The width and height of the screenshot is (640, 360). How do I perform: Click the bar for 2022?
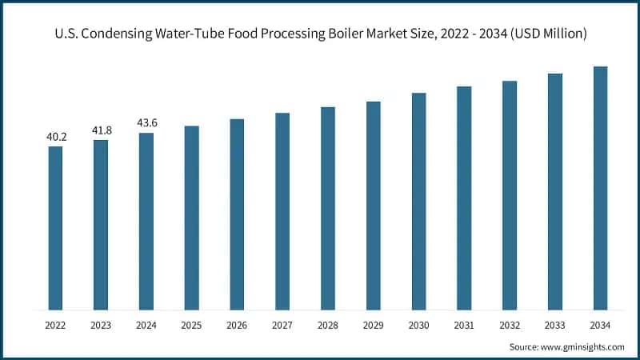click(55, 228)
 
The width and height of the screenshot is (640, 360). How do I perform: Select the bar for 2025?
click(191, 218)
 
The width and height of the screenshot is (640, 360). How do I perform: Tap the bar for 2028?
click(327, 208)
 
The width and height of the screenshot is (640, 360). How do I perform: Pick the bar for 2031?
click(464, 198)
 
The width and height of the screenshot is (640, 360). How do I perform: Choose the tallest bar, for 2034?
click(600, 188)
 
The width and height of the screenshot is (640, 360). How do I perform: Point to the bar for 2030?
click(418, 201)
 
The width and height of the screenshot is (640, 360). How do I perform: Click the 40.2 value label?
click(56, 137)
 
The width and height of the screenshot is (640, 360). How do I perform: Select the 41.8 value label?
click(101, 130)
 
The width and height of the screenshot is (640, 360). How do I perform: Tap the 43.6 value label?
click(146, 123)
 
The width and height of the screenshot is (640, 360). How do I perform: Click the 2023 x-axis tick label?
click(101, 326)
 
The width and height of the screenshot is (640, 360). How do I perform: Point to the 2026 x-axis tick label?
click(237, 326)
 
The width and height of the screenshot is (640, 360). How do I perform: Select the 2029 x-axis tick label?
click(373, 326)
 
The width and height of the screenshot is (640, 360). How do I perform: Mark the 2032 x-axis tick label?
click(510, 326)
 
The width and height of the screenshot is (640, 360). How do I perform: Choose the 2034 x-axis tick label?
click(600, 326)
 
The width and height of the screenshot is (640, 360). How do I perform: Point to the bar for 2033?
click(554, 191)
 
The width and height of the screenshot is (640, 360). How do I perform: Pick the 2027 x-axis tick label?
click(282, 326)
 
